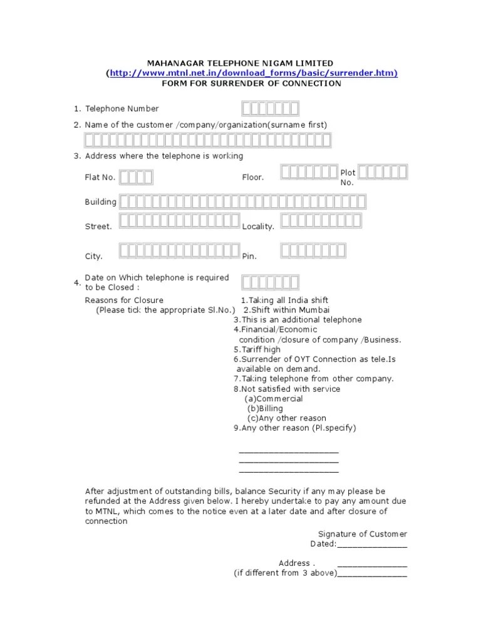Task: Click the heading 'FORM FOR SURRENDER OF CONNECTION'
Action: [x=251, y=83]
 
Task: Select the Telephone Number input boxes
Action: [x=271, y=109]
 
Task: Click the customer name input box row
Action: [x=208, y=140]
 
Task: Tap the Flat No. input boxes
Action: [x=136, y=178]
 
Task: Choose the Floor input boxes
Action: [x=309, y=172]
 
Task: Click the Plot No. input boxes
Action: [x=383, y=172]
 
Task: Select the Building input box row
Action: [x=242, y=202]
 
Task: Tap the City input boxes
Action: [x=179, y=251]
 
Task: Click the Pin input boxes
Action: [x=313, y=251]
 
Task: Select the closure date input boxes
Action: [x=271, y=282]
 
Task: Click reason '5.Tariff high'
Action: [x=257, y=349]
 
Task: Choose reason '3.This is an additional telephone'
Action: [x=297, y=320]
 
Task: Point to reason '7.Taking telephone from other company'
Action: [x=314, y=379]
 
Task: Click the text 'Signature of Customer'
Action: [x=362, y=534]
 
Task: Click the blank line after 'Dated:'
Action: [x=372, y=545]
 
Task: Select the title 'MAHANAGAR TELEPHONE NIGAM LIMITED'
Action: [x=240, y=63]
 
